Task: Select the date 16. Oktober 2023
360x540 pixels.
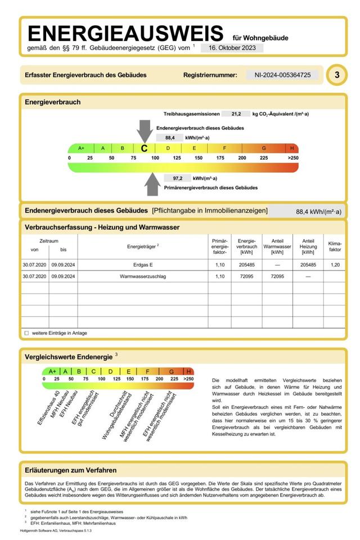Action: click(232, 48)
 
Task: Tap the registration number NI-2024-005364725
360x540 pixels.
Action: click(282, 75)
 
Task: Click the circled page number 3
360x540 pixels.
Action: click(336, 75)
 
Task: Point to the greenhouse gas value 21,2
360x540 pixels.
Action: click(236, 114)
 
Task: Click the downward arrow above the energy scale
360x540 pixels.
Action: click(145, 130)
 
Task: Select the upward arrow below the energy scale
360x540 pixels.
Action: click(152, 184)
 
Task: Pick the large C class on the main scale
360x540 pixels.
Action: click(145, 148)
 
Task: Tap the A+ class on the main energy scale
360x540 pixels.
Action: click(81, 148)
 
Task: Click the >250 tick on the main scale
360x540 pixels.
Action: click(292, 159)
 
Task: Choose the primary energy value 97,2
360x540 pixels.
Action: click(178, 178)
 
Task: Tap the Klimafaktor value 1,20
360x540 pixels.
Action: click(335, 264)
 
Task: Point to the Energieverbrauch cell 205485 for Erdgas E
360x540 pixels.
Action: click(246, 264)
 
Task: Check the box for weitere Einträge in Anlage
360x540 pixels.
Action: click(26, 333)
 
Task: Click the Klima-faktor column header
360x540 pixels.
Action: click(335, 246)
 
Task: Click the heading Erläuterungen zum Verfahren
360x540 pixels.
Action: click(71, 470)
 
